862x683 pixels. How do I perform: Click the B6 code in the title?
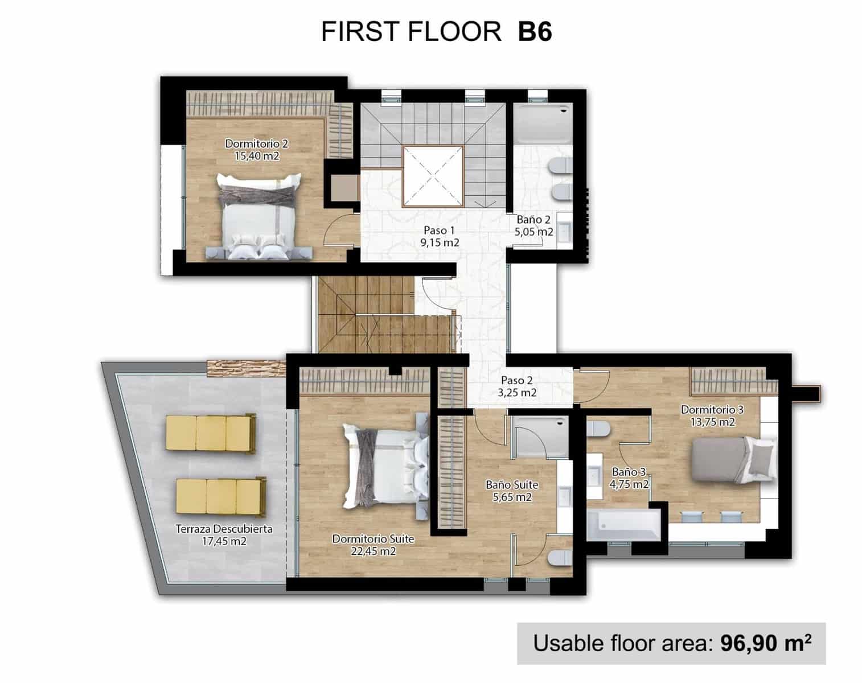(535, 32)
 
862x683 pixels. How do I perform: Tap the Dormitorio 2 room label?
(256, 143)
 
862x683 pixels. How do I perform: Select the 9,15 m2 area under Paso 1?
(440, 242)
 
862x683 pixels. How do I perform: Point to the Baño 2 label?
(533, 220)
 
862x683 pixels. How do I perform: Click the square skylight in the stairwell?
(433, 175)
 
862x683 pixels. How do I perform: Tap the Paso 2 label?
(517, 380)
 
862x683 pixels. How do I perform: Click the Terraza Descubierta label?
(224, 529)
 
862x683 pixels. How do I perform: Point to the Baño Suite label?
(512, 485)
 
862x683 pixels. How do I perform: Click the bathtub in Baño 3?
(623, 525)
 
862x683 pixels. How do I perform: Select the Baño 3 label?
(629, 472)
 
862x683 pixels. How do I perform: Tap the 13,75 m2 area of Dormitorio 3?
(712, 422)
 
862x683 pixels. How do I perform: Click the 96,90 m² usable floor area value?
(765, 643)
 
